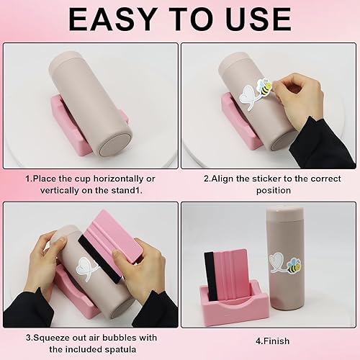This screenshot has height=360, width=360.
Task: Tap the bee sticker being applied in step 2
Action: click(x=265, y=89)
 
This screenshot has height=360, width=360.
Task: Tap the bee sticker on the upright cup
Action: click(x=294, y=266)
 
